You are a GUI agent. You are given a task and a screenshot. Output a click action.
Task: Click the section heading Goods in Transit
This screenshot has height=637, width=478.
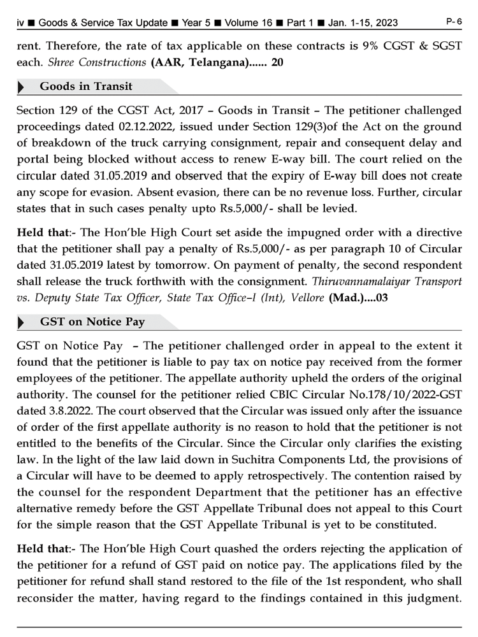pos(86,86)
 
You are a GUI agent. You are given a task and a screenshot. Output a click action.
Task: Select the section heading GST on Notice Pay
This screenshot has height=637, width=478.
pos(92,322)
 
